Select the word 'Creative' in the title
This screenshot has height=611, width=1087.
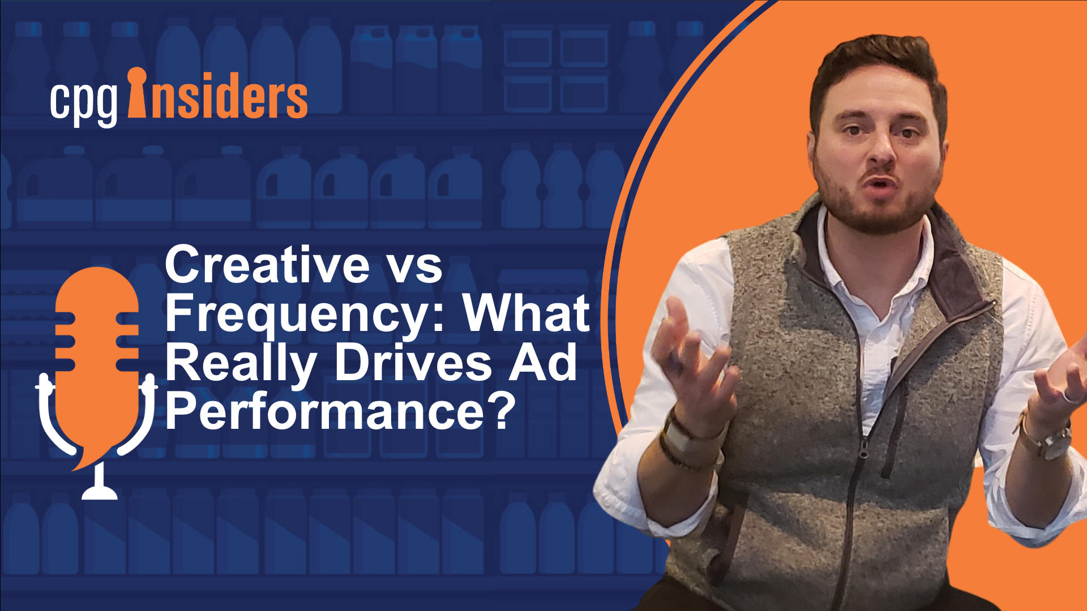(268, 264)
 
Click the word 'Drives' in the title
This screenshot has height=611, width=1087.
(413, 362)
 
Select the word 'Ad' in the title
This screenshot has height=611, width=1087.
(543, 362)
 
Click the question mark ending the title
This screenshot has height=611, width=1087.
(502, 411)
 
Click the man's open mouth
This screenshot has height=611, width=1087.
(880, 184)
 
